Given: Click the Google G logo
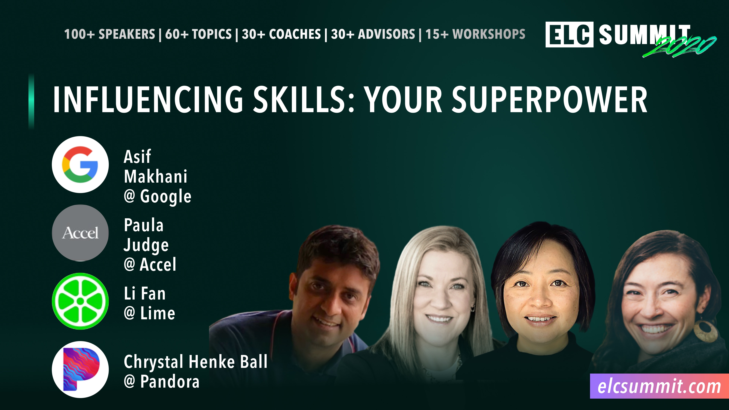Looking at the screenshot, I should click(80, 165).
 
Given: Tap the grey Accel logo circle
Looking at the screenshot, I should click(80, 233).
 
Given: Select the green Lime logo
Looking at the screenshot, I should click(80, 301).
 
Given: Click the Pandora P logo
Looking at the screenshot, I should click(80, 369).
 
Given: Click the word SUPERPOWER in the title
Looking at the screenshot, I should click(549, 100).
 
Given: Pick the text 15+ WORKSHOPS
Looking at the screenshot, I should click(475, 34).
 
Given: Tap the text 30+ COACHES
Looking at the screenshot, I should click(281, 34).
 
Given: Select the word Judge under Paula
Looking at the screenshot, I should click(146, 245).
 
